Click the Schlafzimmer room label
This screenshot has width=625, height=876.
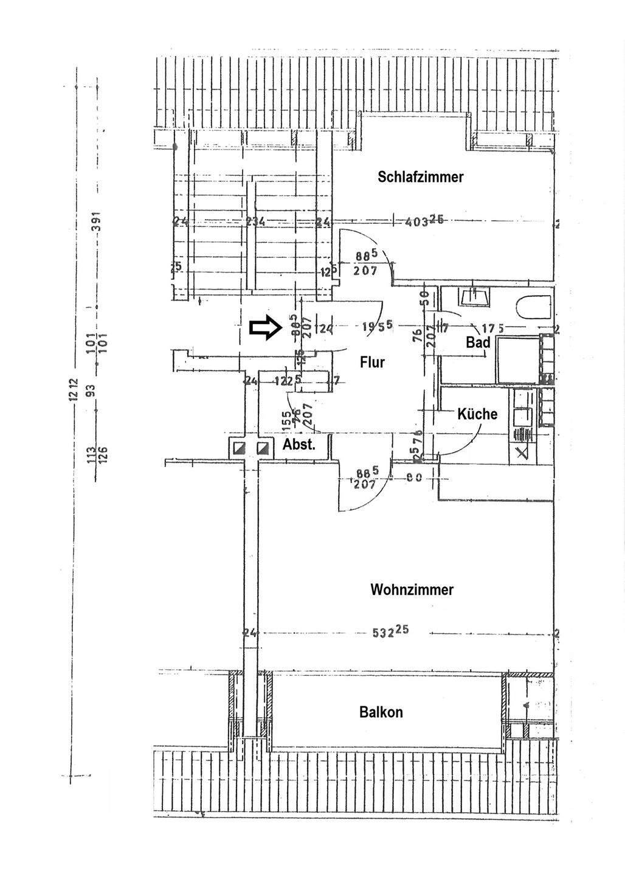pyautogui.click(x=420, y=177)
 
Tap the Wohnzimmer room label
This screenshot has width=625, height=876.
pyautogui.click(x=412, y=589)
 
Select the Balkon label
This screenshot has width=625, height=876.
pyautogui.click(x=381, y=712)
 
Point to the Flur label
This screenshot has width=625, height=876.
pyautogui.click(x=372, y=362)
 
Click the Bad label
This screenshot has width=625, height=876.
pyautogui.click(x=478, y=342)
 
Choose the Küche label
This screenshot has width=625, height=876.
pyautogui.click(x=477, y=414)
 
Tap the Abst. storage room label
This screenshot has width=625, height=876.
pyautogui.click(x=299, y=445)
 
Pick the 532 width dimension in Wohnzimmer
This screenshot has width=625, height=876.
pyautogui.click(x=390, y=632)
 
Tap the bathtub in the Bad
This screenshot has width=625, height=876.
pyautogui.click(x=534, y=307)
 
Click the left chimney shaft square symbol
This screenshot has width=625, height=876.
pyautogui.click(x=237, y=448)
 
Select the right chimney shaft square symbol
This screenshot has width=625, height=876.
pyautogui.click(x=263, y=448)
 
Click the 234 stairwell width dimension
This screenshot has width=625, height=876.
pyautogui.click(x=255, y=222)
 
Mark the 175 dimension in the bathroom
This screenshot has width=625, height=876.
pyautogui.click(x=491, y=328)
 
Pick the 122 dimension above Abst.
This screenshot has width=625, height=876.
pyautogui.click(x=283, y=381)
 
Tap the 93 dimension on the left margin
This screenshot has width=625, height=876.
pyautogui.click(x=93, y=390)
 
